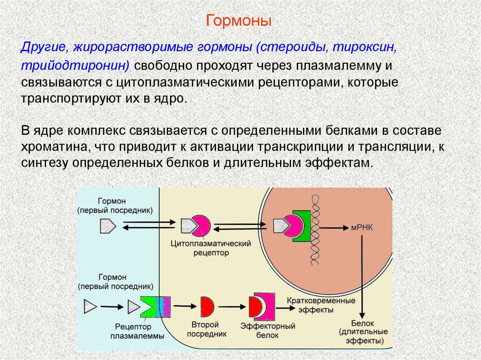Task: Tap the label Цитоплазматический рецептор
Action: click(209, 248)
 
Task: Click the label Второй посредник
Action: click(206, 329)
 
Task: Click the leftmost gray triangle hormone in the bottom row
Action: click(89, 306)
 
